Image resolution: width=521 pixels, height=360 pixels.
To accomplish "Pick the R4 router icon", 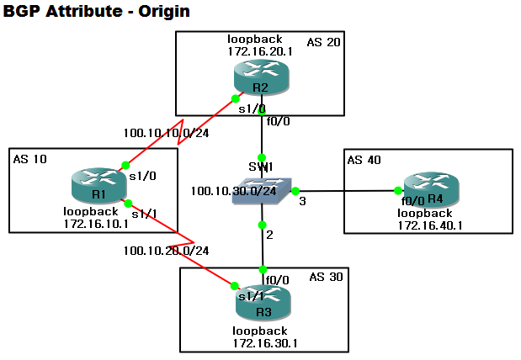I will coord(428,188).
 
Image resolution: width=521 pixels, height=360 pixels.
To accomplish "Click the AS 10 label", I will coord(29,160).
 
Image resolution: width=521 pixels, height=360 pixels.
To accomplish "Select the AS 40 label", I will coord(365,161).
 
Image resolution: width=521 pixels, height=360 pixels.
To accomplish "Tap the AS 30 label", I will coord(325,277).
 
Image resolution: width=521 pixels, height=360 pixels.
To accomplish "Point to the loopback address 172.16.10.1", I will coord(96,224).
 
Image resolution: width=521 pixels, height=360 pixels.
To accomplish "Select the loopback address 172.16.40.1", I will coord(431,225).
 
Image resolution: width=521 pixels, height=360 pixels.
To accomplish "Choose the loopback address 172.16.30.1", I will coord(266,343).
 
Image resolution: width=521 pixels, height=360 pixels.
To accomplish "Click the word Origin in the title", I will coord(164,12).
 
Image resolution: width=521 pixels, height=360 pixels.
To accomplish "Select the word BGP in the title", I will coord(21,12).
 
